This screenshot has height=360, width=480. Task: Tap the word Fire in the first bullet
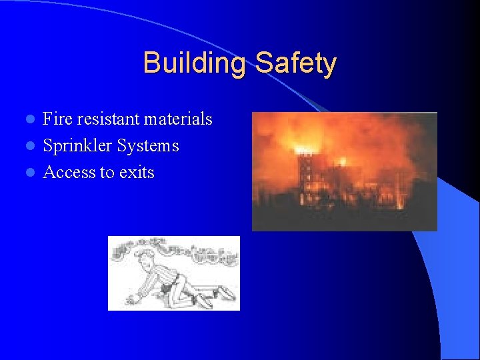(57, 119)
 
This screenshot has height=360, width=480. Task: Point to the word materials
(179, 119)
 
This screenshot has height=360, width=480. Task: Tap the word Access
(69, 173)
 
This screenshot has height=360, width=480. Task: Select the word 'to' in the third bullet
(107, 173)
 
